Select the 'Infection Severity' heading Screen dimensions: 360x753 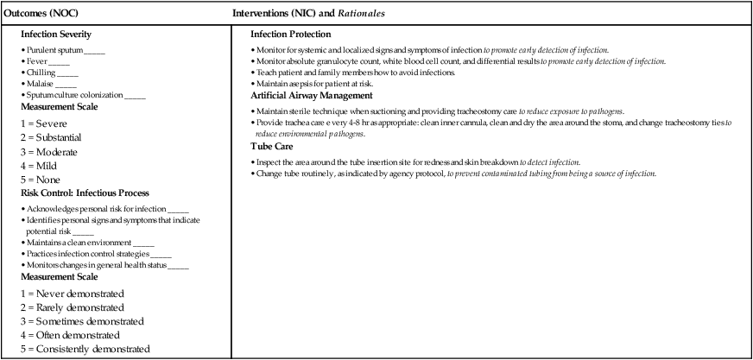(x=56, y=35)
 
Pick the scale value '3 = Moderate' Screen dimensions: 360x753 (x=50, y=151)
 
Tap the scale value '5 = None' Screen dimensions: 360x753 (x=42, y=180)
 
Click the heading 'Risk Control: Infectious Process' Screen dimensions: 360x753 (x=78, y=194)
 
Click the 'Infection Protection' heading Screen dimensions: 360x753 (x=290, y=35)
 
